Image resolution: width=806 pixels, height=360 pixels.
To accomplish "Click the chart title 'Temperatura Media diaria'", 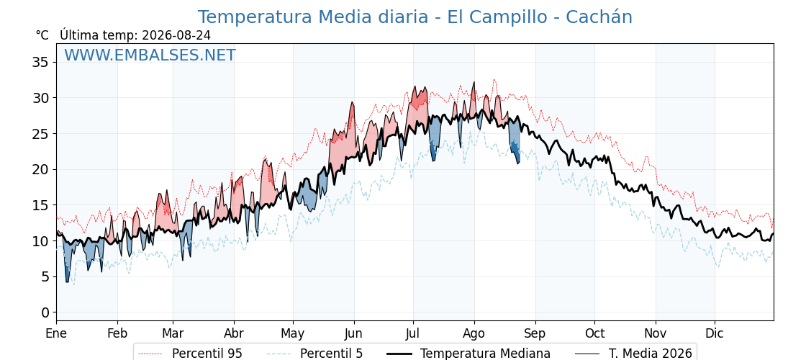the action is point(312,17).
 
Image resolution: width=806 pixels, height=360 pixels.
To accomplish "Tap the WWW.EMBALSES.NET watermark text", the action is point(150,55).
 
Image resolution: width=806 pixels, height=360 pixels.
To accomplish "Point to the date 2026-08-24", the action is point(176,35).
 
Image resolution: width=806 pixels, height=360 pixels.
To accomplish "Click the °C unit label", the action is point(42,35).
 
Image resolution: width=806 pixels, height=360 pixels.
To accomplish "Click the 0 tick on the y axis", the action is point(46,312).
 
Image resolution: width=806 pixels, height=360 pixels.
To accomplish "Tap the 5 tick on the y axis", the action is point(46,276).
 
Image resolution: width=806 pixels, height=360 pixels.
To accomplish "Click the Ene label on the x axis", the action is point(57,333).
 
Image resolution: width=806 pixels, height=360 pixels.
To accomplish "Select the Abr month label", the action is point(234,333).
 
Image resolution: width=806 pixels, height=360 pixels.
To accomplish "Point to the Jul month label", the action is point(413,333).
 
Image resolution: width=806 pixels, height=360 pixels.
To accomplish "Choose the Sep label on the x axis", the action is point(535,333).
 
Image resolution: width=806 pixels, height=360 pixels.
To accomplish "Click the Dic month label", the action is point(714,333).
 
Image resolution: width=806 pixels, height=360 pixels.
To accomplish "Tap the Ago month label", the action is point(474,333).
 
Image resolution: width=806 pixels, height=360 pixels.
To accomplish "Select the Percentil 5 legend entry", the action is point(315,354).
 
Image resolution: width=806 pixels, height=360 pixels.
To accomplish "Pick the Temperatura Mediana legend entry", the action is point(468,354).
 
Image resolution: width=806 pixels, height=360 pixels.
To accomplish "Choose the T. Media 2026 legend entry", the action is point(633,354).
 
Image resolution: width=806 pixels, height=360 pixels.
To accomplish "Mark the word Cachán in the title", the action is point(599,17).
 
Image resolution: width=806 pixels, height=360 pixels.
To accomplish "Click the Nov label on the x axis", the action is point(656,333).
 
